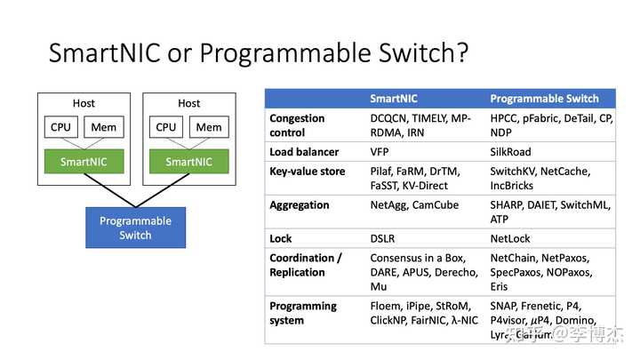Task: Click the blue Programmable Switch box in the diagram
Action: [135, 228]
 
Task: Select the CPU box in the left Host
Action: [60, 127]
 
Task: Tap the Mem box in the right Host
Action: [209, 127]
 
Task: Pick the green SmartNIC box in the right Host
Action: [188, 162]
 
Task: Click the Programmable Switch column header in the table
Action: [544, 99]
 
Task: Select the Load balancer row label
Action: [305, 152]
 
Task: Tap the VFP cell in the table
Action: [381, 152]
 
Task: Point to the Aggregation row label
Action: [300, 205]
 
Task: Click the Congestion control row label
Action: [297, 125]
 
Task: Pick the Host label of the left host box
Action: [84, 103]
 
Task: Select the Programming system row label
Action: [303, 313]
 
